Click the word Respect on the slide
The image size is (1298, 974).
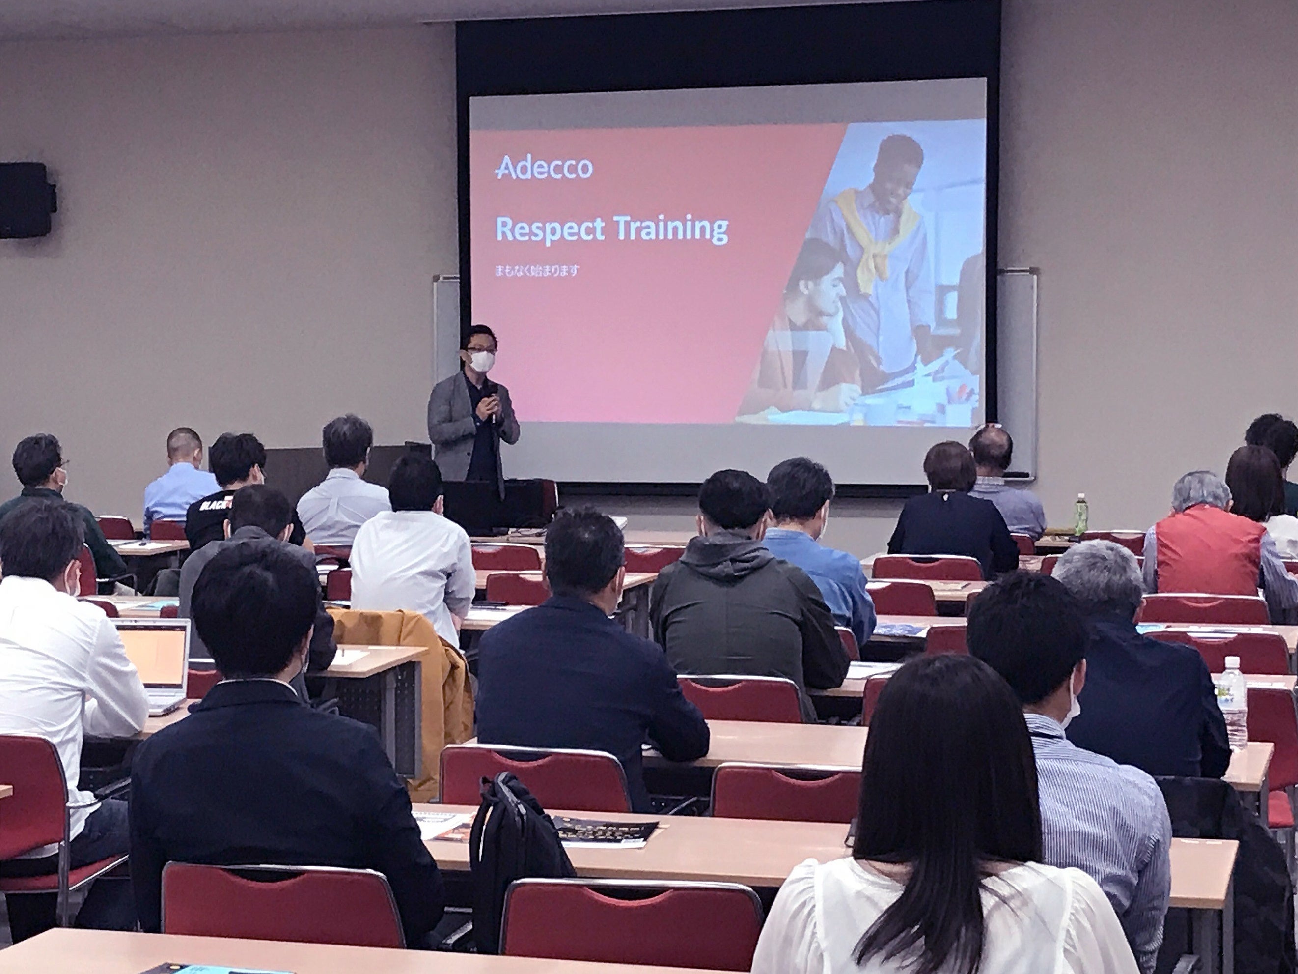tap(549, 229)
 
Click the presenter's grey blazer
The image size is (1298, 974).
tap(446, 429)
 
